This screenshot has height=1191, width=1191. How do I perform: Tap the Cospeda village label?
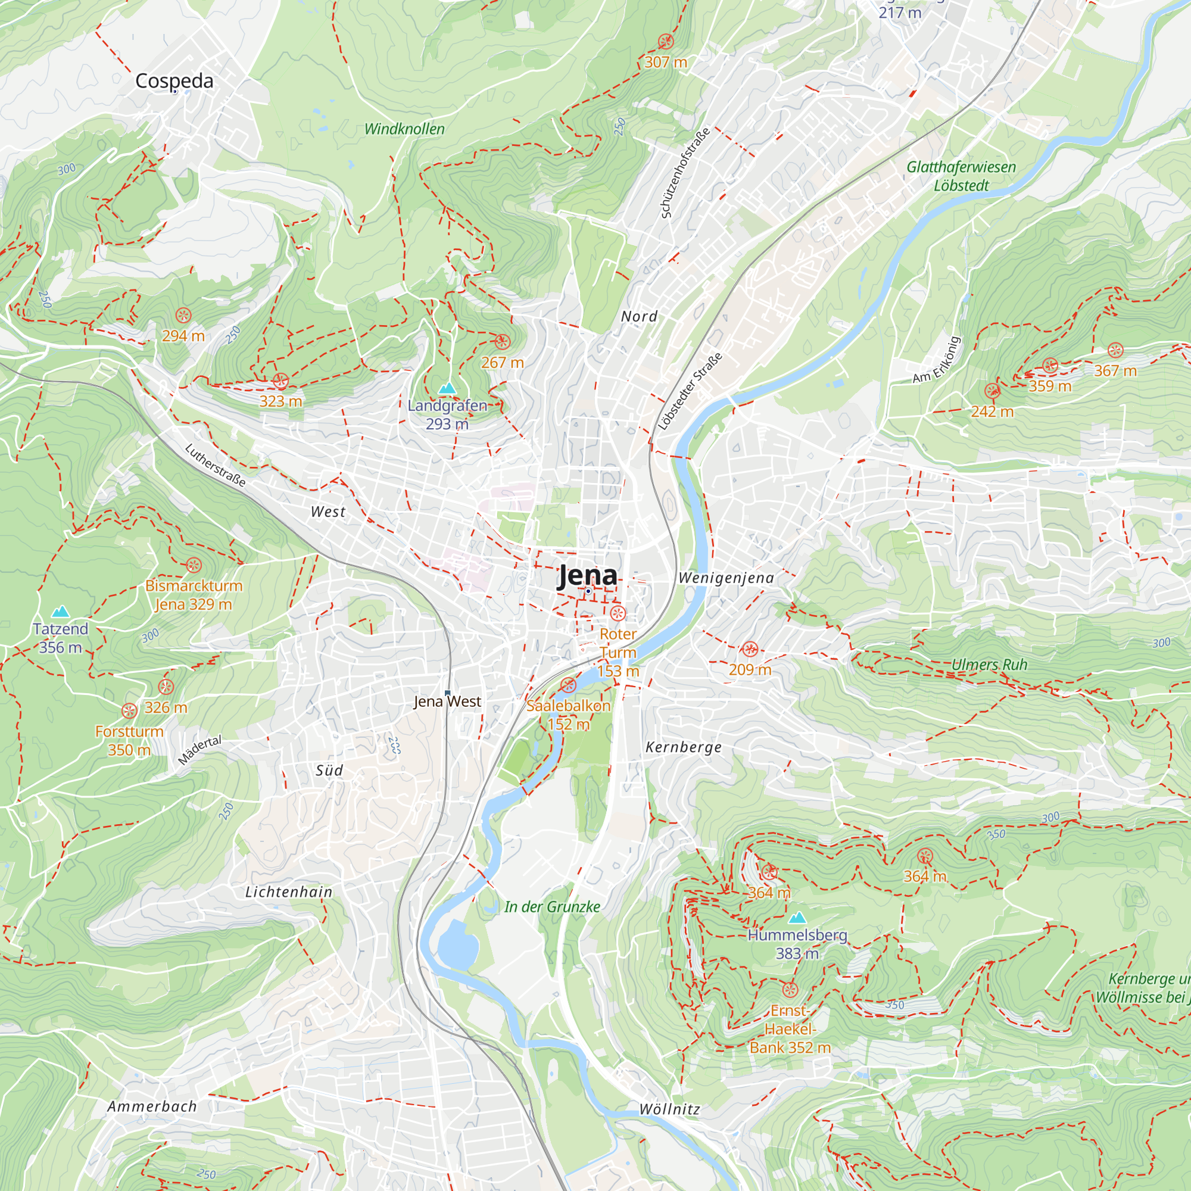[x=174, y=81]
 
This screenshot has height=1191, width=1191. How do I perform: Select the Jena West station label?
[x=447, y=701]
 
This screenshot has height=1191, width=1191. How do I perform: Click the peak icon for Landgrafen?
[x=447, y=388]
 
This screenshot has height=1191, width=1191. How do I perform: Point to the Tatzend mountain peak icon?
[x=60, y=612]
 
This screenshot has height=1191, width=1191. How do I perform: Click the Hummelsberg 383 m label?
[x=797, y=944]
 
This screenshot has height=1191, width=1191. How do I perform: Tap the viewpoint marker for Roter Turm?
[x=618, y=613]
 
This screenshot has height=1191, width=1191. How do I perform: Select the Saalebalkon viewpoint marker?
[x=568, y=685]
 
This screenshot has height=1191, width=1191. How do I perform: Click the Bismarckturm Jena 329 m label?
[x=194, y=595]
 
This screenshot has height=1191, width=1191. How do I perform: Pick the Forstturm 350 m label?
[x=129, y=740]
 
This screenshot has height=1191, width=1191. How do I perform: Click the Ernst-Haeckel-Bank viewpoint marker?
[x=790, y=990]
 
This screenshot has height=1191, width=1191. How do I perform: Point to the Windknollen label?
[x=404, y=129]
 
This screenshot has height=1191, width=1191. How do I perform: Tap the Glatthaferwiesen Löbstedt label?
[x=961, y=176]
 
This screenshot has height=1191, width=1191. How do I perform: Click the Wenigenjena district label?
[x=725, y=578]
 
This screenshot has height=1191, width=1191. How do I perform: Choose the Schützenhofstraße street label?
[x=685, y=173]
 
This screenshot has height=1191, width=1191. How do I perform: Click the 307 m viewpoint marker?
[x=665, y=42]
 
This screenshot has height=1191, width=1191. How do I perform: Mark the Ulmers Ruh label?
[x=989, y=665]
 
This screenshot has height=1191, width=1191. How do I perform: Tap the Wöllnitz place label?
[x=669, y=1109]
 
